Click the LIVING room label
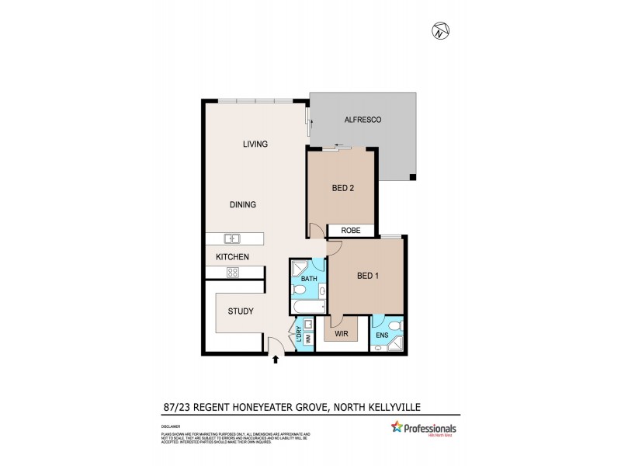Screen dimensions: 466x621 tap(255, 144)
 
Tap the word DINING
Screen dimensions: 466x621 tap(242, 204)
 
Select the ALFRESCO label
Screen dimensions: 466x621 tap(365, 120)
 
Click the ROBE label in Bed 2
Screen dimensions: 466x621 tap(350, 231)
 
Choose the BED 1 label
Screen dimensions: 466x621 tap(368, 275)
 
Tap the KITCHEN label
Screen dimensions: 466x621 tap(231, 256)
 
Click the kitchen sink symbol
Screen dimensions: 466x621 tap(231, 238)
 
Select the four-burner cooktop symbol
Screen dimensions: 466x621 tap(231, 271)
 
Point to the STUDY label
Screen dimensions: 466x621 tap(241, 311)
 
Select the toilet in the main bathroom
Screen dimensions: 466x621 tap(299, 291)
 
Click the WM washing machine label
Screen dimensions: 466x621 tap(307, 339)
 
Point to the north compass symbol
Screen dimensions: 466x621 tap(441, 31)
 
